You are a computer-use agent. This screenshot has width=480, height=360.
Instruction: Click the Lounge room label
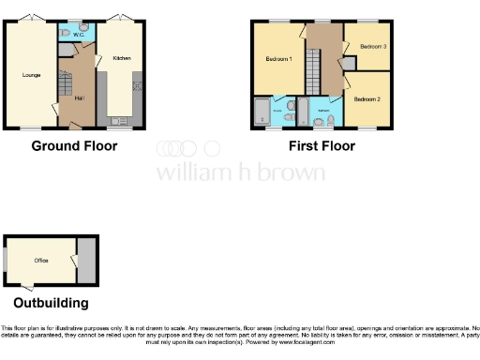[31, 72]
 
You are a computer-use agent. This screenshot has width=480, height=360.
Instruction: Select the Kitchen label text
[121, 58]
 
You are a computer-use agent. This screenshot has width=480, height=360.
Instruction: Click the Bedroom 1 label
[278, 59]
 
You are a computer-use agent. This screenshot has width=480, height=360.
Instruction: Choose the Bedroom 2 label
[367, 97]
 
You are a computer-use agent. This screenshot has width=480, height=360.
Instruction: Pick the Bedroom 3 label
[373, 46]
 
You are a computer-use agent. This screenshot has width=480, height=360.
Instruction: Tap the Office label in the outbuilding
[41, 260]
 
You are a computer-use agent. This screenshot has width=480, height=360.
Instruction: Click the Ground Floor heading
[74, 145]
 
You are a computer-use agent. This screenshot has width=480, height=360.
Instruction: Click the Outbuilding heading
[52, 303]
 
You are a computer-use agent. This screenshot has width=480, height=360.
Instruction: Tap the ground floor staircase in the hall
[65, 90]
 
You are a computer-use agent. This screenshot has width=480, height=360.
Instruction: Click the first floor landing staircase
[316, 71]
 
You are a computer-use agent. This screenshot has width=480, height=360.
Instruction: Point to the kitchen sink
[118, 121]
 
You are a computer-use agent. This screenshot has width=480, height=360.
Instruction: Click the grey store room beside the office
[85, 260]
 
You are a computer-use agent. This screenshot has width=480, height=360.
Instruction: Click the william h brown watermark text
[240, 172]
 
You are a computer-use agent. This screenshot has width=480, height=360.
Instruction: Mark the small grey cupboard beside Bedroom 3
[349, 62]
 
